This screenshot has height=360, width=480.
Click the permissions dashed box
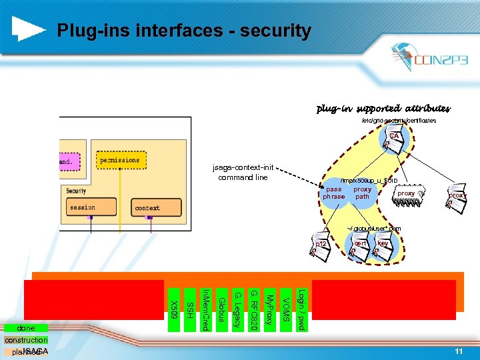[120, 161]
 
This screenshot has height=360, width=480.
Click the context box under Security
[147, 208]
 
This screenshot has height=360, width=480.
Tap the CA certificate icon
[393, 140]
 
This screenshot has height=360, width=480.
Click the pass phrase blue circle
[334, 193]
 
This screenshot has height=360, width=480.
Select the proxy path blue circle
[362, 193]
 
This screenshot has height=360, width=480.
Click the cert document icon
[360, 247]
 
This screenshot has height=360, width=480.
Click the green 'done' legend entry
[26, 328]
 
